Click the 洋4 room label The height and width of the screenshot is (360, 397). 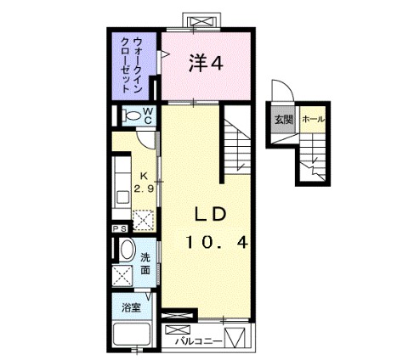[x=206, y=63]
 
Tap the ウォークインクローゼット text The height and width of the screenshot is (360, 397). [x=130, y=65]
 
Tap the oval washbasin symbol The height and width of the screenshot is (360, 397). [x=125, y=251]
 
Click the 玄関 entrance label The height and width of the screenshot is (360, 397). [x=281, y=119]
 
